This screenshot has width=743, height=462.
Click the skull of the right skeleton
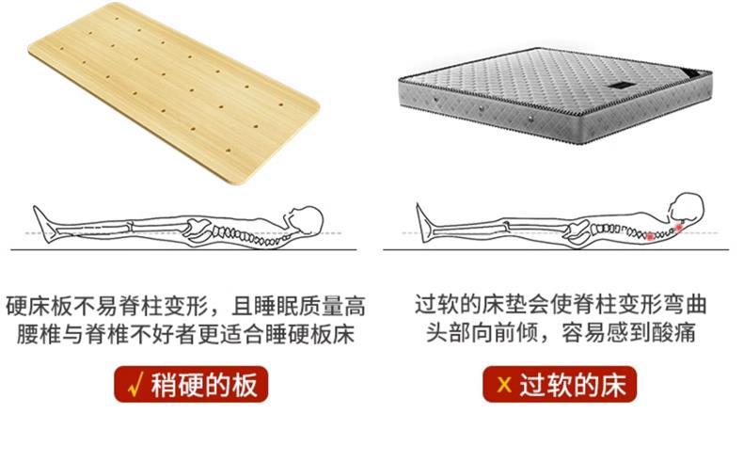[x=688, y=209]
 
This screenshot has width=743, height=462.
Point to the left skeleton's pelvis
[x=200, y=227]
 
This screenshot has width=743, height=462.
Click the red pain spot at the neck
[x=679, y=227]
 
